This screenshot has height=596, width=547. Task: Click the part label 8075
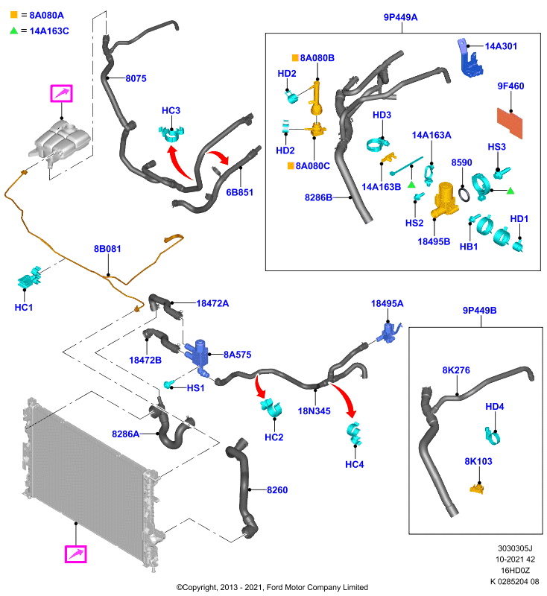pos(136,78)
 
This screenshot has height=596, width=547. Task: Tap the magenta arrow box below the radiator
pos(76,554)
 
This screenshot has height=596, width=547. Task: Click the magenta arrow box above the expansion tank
pos(61,94)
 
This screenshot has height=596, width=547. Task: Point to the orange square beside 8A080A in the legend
pos(14,15)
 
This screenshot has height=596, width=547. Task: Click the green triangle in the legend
pos(14,31)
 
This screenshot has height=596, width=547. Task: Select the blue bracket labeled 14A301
pos(469,58)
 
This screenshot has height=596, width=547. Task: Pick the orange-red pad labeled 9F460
pos(510,123)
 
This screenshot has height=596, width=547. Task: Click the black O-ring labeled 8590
pos(464,194)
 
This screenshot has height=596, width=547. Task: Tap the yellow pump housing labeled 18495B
pos(445,200)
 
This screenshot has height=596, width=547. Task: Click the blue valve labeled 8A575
pos(198,357)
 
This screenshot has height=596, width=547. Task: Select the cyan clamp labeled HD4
pos(493,436)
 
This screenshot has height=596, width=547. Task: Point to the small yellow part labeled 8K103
pos(477,488)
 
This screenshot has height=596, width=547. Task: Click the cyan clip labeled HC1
pos(30,277)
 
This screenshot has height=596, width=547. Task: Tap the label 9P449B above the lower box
pos(479,310)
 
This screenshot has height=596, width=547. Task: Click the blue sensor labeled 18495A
pos(389,333)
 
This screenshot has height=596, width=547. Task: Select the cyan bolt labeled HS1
pos(168,384)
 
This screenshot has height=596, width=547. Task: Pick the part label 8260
pos(277,490)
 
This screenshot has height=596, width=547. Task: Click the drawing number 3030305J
pos(515,548)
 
